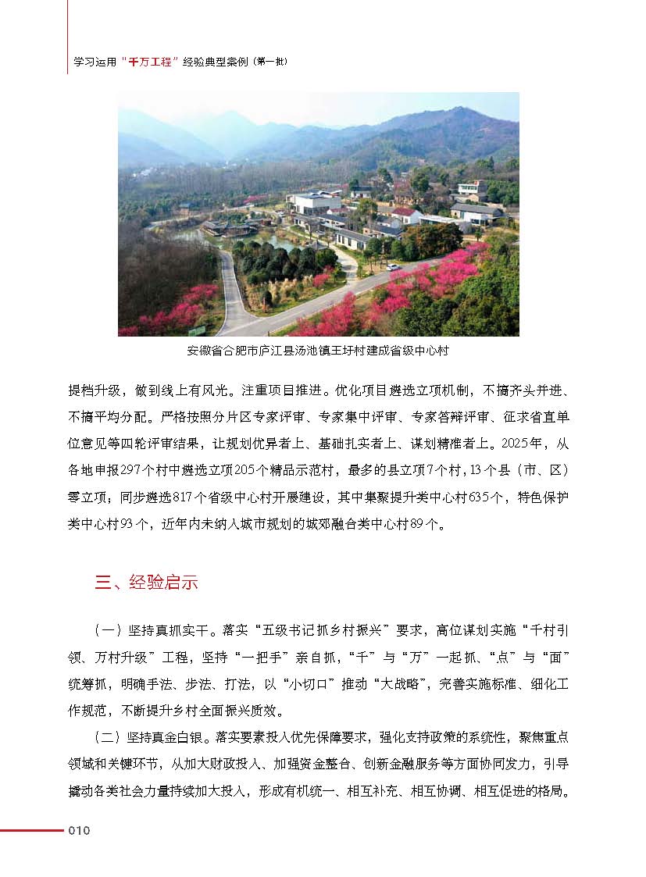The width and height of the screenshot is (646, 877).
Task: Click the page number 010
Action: point(80,830)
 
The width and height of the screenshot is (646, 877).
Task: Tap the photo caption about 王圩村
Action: point(318,350)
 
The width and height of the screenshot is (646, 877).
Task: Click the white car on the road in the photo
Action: point(392,267)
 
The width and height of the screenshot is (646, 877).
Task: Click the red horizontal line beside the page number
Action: point(31,830)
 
